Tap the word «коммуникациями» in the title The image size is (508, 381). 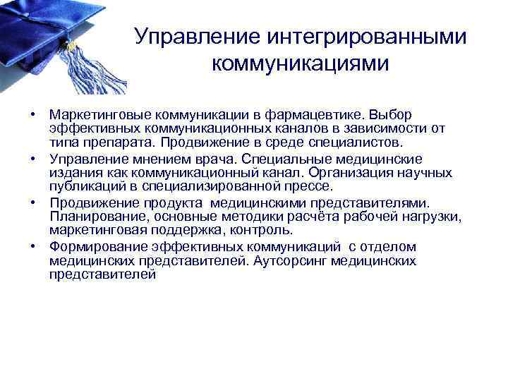click(299, 64)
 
